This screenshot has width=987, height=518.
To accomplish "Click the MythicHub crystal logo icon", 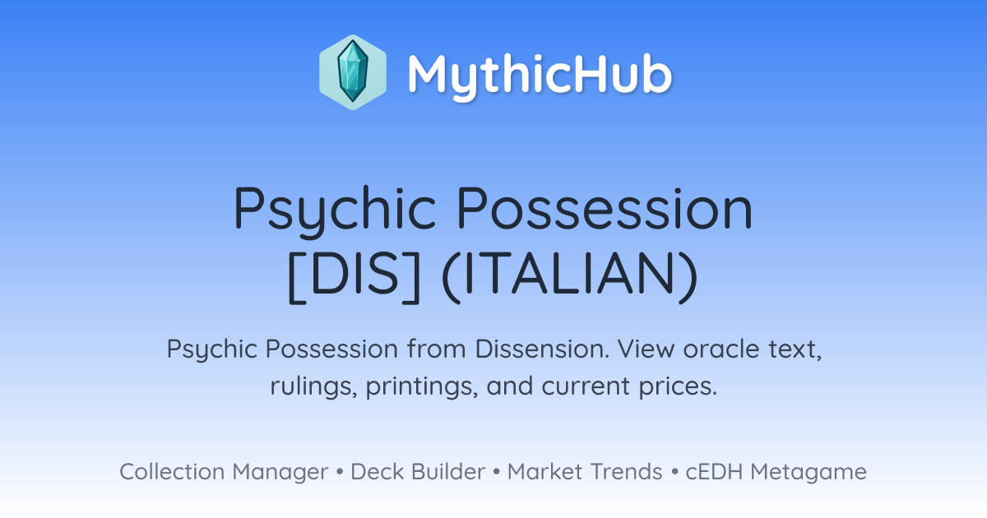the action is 353,72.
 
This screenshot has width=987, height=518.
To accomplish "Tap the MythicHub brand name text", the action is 540,74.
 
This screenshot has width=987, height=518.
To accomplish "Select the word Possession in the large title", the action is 605,208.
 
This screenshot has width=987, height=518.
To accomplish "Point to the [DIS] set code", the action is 354,276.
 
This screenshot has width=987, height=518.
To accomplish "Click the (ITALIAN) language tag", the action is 570,276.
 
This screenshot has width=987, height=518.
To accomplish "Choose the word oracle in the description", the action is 721,349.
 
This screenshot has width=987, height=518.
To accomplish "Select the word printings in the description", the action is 422,386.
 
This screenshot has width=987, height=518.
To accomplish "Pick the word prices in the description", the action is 678,386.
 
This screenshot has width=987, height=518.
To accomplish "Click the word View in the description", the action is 646,349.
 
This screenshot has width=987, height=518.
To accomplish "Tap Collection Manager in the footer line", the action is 224,472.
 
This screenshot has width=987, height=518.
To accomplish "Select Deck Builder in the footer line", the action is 418,472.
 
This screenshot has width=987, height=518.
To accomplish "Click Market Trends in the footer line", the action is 585,472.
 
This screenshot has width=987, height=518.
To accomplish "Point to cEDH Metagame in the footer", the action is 776,472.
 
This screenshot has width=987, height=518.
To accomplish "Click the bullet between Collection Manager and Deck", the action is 339,472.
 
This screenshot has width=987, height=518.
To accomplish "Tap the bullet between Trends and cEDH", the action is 674,472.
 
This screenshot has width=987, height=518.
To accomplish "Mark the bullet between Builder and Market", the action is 496,472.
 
